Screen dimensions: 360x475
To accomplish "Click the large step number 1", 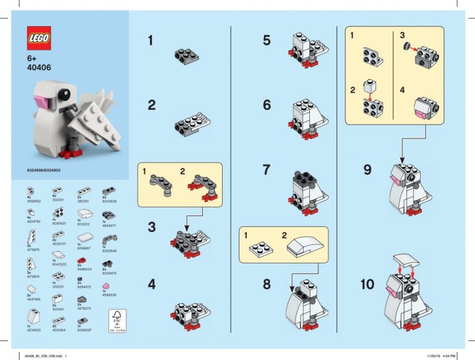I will pos(152,41).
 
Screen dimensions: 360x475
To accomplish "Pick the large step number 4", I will pos(152,285).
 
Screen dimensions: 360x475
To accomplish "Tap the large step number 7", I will pos(267,169).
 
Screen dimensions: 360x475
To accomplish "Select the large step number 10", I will pos(367,285).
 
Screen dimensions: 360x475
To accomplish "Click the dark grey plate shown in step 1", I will pos(186,56).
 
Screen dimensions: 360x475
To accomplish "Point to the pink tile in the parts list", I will pos(105,286).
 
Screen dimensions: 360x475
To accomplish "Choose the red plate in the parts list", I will pos(80,263).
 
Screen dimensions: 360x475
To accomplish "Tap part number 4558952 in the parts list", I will pos(34,200).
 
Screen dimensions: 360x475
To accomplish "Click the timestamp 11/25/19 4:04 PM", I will pos(441,355).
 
